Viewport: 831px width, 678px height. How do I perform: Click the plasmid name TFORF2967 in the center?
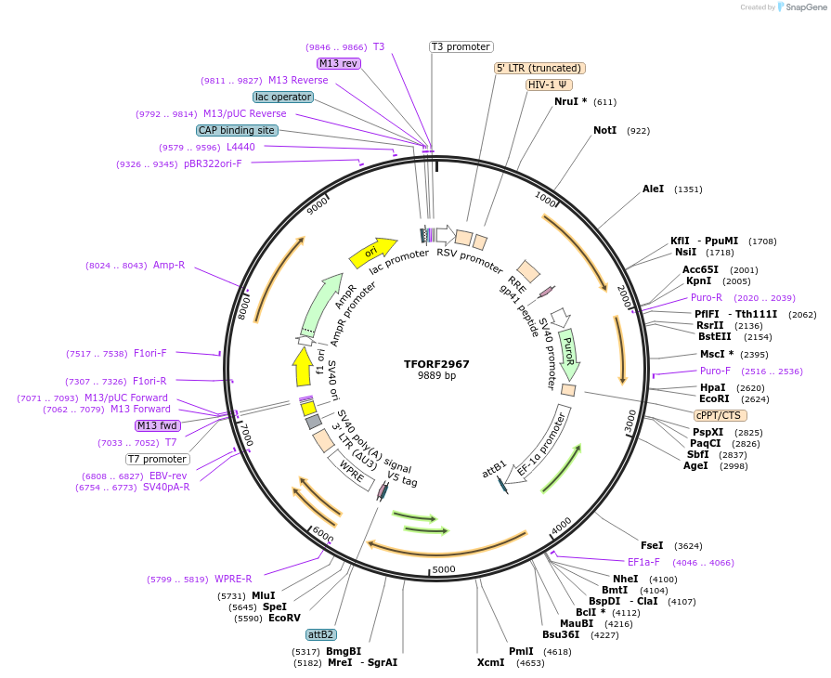pyautogui.click(x=436, y=364)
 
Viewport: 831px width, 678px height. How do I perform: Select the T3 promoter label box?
pyautogui.click(x=461, y=46)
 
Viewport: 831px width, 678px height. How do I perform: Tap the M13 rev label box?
pyautogui.click(x=338, y=63)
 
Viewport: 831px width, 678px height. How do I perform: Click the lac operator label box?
pyautogui.click(x=283, y=97)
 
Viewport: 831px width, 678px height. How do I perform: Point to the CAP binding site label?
pyautogui.click(x=237, y=130)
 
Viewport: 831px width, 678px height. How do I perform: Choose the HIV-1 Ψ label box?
pyautogui.click(x=550, y=85)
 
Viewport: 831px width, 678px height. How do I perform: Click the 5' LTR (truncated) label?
pyautogui.click(x=539, y=68)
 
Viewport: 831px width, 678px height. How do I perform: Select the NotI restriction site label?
pyautogui.click(x=604, y=131)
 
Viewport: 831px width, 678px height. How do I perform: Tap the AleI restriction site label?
pyautogui.click(x=654, y=189)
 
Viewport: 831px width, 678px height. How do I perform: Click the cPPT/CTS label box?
pyautogui.click(x=718, y=415)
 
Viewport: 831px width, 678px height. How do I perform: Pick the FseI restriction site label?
pyautogui.click(x=652, y=545)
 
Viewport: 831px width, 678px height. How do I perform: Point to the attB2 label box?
pyautogui.click(x=321, y=634)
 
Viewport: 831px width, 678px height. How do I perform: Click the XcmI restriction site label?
pyautogui.click(x=490, y=662)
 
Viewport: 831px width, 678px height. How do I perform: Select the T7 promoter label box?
pyautogui.click(x=158, y=459)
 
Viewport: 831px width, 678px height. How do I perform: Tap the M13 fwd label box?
pyautogui.click(x=157, y=425)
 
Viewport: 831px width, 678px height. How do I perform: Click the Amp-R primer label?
pyautogui.click(x=169, y=265)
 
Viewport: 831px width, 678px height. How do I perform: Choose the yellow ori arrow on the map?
pyautogui.click(x=368, y=252)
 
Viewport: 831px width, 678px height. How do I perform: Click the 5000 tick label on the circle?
pyautogui.click(x=444, y=569)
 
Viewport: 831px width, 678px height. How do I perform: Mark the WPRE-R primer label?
pyautogui.click(x=233, y=579)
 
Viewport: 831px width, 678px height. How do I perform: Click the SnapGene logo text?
pyautogui.click(x=804, y=7)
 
